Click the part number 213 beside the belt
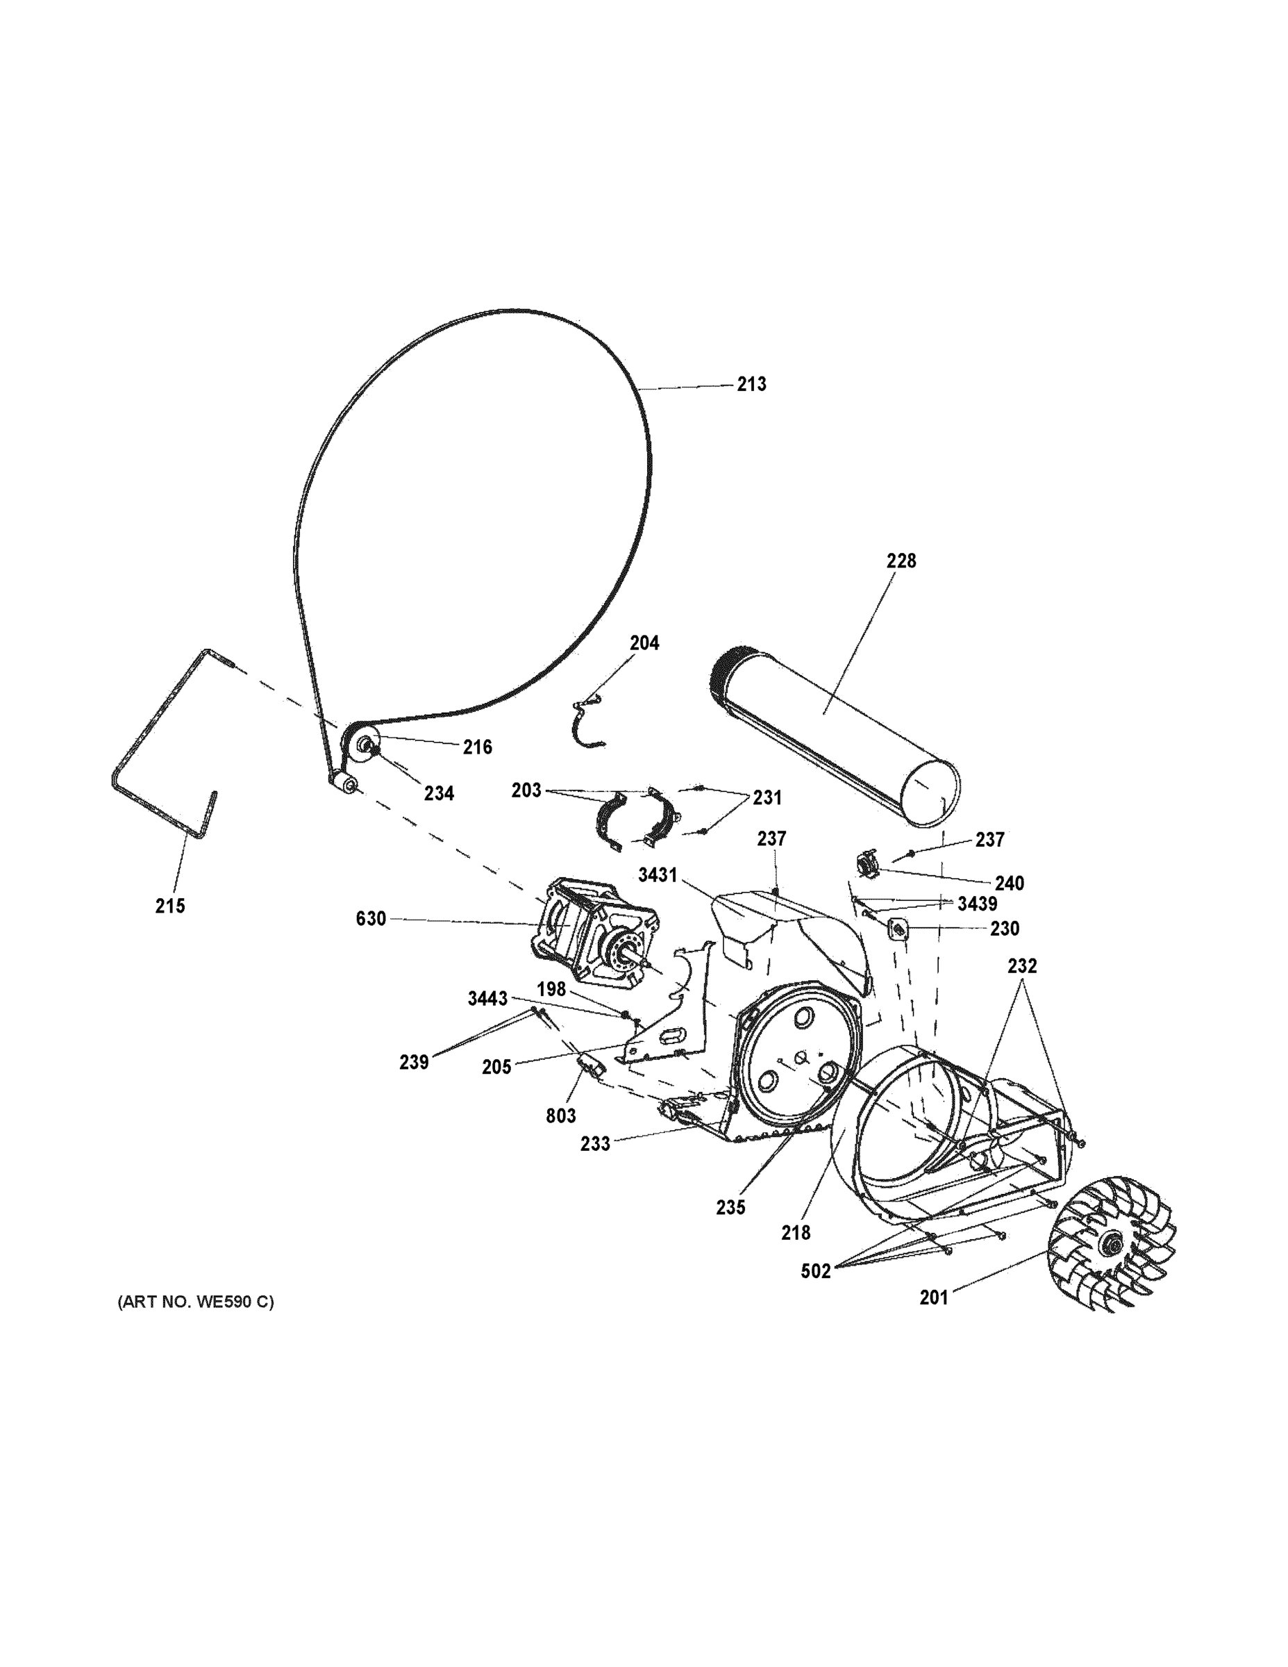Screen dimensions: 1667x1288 point(751,384)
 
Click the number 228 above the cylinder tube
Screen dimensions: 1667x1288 point(901,561)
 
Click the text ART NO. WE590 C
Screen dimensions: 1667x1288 point(195,1302)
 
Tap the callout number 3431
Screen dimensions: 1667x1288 point(658,874)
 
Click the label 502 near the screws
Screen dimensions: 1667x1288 point(815,1272)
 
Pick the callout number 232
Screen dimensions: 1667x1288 point(1021,965)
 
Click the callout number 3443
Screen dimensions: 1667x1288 point(487,998)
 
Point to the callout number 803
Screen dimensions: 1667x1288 point(560,1116)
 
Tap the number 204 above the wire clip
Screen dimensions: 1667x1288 point(644,643)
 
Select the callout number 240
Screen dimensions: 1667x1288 point(1009,883)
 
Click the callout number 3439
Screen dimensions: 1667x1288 point(977,904)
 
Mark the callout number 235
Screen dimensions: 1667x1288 point(730,1207)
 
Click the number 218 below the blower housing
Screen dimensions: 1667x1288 point(796,1232)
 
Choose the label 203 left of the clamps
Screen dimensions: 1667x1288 point(526,790)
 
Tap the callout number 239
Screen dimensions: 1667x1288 point(414,1062)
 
